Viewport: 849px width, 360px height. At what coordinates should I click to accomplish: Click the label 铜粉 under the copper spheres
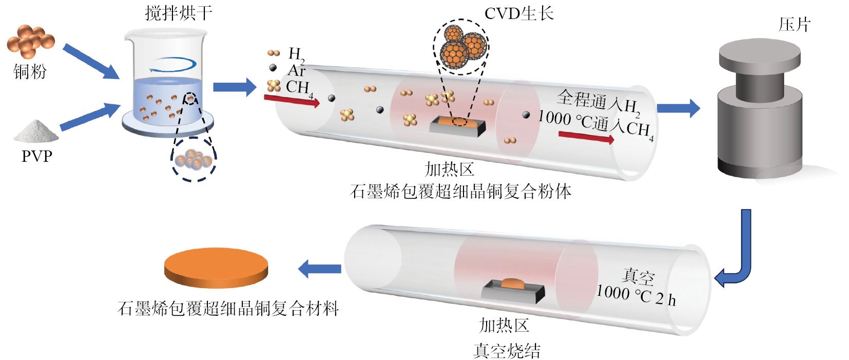pos(30,71)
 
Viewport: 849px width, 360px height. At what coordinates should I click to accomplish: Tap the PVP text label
pos(37,156)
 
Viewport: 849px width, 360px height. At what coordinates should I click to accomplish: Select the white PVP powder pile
pos(36,131)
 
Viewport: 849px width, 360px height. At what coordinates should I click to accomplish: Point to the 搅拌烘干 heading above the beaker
pos(178,13)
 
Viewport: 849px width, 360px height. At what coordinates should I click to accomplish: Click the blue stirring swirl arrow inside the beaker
pos(173,64)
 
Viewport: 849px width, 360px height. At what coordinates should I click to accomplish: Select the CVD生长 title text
pos(519,14)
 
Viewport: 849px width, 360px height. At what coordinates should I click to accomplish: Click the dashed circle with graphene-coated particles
pos(461,47)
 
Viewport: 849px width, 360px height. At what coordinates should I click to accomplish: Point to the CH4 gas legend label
pos(299,88)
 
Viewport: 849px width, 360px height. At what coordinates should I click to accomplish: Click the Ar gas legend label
pos(296,70)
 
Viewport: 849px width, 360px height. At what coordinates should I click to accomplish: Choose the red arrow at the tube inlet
pos(292,101)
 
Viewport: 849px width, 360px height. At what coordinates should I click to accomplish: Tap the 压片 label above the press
pos(795,25)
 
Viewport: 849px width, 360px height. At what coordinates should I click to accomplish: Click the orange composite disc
pos(216,268)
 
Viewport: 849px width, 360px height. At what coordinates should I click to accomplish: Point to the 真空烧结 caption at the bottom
pos(507,351)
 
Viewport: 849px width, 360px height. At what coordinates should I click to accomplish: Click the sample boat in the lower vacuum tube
pos(513,291)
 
